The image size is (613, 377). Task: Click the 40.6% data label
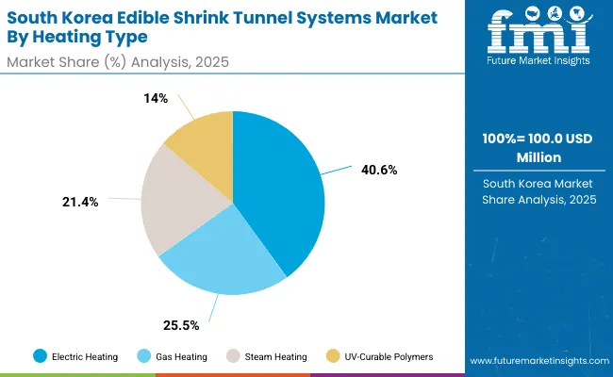pos(379,171)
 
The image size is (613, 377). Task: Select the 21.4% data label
pos(81,203)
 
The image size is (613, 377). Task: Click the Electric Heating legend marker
pos(40,355)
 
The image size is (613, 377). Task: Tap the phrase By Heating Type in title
pos(79,39)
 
